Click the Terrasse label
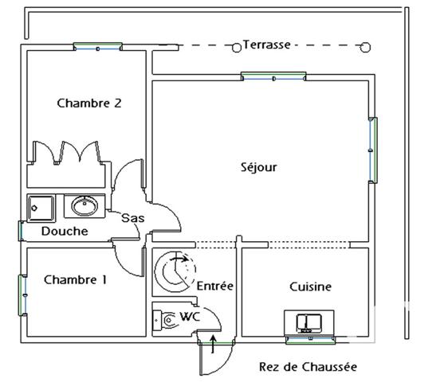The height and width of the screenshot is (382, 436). (267, 45)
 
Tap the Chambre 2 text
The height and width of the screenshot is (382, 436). (89, 103)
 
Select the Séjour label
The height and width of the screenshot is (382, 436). (258, 167)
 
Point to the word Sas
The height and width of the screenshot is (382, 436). (132, 217)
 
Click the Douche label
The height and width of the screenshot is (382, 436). (65, 232)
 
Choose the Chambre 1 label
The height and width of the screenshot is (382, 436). (75, 279)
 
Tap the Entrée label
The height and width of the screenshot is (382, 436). (214, 286)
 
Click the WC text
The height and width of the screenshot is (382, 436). (191, 316)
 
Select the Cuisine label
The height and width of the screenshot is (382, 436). (310, 286)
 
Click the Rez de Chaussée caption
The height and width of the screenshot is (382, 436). (308, 367)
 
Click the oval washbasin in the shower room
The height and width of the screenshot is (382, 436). (84, 207)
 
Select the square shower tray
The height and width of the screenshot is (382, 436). (40, 207)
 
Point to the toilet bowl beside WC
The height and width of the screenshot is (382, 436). (167, 319)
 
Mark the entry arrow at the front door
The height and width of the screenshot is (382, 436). (213, 345)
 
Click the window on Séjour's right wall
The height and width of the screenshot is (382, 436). (372, 150)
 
